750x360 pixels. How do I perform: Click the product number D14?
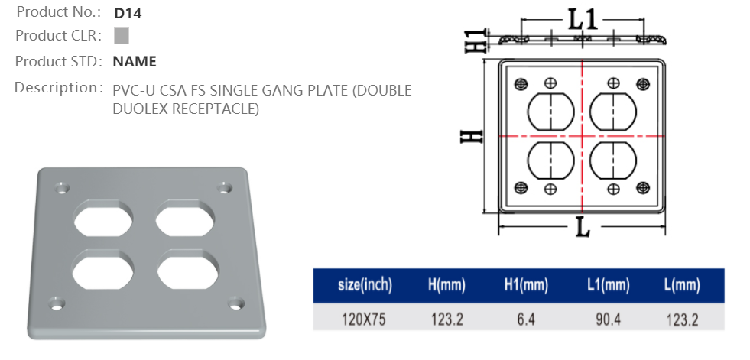click(x=127, y=13)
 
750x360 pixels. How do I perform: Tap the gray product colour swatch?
click(x=121, y=35)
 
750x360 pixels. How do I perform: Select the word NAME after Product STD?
click(x=135, y=61)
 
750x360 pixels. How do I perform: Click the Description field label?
click(x=58, y=87)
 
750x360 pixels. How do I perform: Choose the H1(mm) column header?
click(x=526, y=285)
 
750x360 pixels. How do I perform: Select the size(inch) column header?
click(x=365, y=285)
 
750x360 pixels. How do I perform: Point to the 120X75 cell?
click(x=363, y=319)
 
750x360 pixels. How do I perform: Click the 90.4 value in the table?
click(x=607, y=319)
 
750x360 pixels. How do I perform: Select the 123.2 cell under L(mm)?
click(x=682, y=319)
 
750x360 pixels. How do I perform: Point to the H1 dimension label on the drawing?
click(x=476, y=41)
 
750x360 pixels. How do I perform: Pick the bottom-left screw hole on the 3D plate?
click(x=54, y=303)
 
